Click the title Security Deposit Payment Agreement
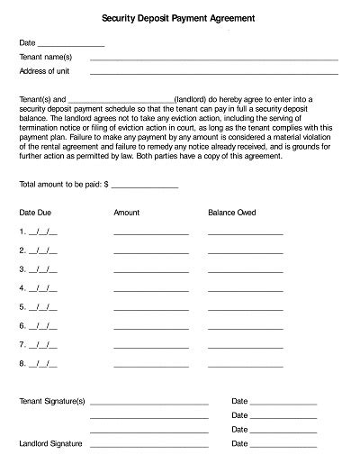[178, 17]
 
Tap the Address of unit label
[45, 70]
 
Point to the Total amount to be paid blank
[144, 186]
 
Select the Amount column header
[127, 213]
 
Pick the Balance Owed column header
[232, 213]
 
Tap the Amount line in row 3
[151, 270]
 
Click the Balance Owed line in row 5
[245, 308]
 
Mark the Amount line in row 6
[151, 327]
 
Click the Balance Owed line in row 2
[245, 251]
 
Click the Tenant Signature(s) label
[51, 400]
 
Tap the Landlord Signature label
[50, 444]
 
